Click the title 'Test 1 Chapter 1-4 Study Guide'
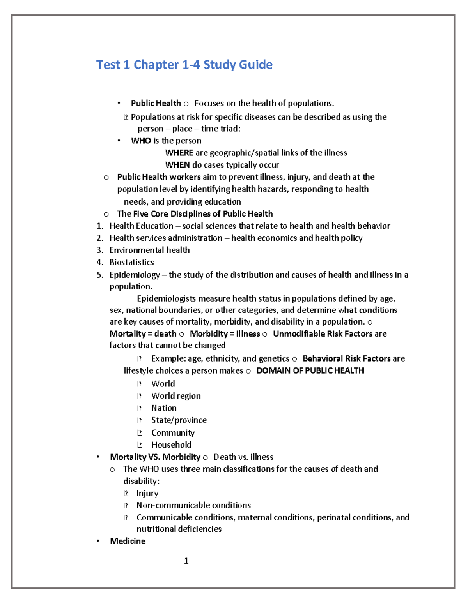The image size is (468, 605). tap(184, 64)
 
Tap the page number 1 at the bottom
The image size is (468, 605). tap(186, 561)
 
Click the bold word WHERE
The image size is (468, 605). tap(179, 153)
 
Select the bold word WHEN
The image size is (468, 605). tap(177, 165)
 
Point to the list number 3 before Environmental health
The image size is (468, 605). tap(99, 250)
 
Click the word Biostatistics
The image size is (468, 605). tap(131, 262)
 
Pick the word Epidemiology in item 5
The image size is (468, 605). tap(135, 275)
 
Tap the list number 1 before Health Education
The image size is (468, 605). tap(99, 226)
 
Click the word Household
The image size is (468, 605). tap(171, 444)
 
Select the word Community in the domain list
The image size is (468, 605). tap(173, 432)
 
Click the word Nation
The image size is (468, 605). tap(164, 408)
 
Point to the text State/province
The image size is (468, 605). tap(179, 420)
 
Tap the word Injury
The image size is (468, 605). tap(147, 493)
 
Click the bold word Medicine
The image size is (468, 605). tap(128, 541)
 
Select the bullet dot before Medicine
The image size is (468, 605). tap(98, 541)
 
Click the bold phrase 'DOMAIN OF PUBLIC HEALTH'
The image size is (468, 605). tap(310, 370)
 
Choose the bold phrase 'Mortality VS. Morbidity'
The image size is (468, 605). tap(155, 457)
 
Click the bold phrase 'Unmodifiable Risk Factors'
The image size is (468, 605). tap(323, 334)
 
